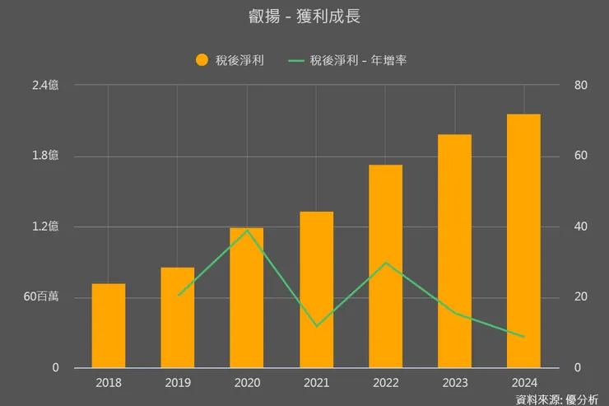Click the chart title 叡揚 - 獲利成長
tap(304, 16)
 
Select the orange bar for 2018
tap(109, 325)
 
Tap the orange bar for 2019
tap(178, 317)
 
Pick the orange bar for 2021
tap(316, 289)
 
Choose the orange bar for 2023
tap(454, 250)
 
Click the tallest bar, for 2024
tap(523, 240)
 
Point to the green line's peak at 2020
tap(247, 230)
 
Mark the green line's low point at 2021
tap(316, 326)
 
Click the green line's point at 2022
tap(385, 263)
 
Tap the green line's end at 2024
tap(523, 336)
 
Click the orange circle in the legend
tap(202, 59)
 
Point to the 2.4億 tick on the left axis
tap(45, 85)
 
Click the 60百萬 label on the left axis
tap(40, 296)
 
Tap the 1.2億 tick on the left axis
tap(45, 226)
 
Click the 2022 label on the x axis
tap(385, 383)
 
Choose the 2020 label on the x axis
tap(247, 383)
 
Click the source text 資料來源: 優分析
tap(557, 399)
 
